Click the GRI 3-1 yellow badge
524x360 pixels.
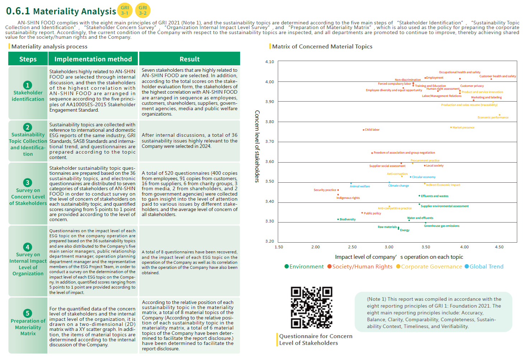pyautogui.click(x=125, y=10)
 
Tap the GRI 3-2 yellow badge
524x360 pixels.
pyautogui.click(x=143, y=10)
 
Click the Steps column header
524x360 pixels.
pyautogui.click(x=28, y=59)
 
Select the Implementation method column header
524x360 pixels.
pyautogui.click(x=93, y=59)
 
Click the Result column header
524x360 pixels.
pyautogui.click(x=190, y=59)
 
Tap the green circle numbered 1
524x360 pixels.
pyautogui.click(x=28, y=85)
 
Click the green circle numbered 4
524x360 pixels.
pyautogui.click(x=28, y=247)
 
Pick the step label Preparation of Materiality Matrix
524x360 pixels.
pyautogui.click(x=28, y=327)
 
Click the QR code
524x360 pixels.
pyautogui.click(x=312, y=307)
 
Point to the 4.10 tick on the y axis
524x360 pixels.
pyautogui.click(x=270, y=62)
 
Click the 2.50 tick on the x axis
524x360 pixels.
pyautogui.click(x=352, y=247)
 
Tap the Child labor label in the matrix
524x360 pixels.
pyautogui.click(x=372, y=130)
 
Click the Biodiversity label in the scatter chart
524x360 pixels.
pyautogui.click(x=347, y=219)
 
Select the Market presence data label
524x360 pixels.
pyautogui.click(x=463, y=127)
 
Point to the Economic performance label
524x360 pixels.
pyautogui.click(x=493, y=117)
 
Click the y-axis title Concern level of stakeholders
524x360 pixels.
pyautogui.click(x=257, y=146)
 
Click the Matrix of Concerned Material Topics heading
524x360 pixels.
pyautogui.click(x=322, y=46)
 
